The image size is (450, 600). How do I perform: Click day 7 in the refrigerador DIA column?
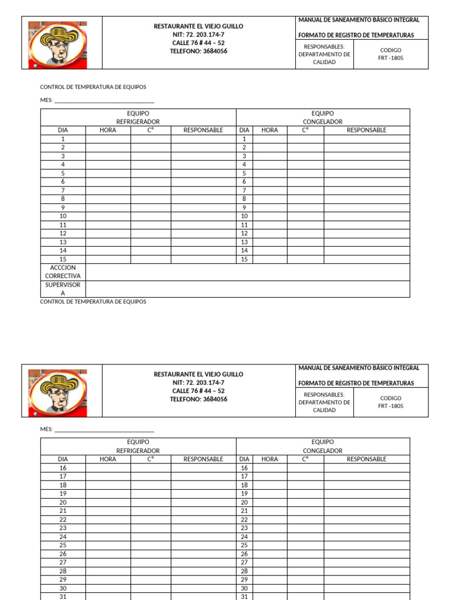[63, 190]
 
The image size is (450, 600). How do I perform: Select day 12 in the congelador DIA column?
[244, 233]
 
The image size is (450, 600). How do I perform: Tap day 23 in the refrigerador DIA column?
[63, 528]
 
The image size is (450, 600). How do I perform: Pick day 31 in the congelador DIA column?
[244, 596]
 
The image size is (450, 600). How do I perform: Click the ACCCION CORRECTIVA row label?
[63, 272]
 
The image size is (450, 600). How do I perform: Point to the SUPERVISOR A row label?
[63, 289]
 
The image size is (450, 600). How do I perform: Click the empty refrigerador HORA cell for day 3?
[108, 156]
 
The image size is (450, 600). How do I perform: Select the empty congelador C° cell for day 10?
[305, 216]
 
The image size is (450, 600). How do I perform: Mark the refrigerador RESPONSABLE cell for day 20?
[203, 502]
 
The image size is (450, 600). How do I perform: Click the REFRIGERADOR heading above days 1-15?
[138, 122]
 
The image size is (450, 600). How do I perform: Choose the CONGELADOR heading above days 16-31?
[322, 451]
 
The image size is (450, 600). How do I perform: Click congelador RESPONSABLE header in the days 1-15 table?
[366, 130]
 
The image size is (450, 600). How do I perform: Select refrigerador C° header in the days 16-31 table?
[151, 459]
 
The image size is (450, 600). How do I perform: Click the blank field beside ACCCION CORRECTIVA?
[247, 272]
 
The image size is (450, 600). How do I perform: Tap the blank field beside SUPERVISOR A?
[247, 289]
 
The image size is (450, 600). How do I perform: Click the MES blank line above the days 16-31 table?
[104, 429]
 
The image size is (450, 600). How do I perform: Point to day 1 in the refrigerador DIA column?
[63, 139]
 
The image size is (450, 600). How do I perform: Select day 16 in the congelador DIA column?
[244, 468]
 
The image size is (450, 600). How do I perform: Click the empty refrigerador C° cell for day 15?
[151, 259]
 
